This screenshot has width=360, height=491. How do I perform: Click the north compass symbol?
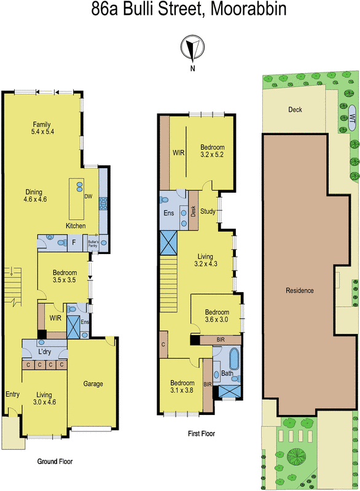tap(192, 47)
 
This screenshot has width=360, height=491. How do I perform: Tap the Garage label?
tap(93, 384)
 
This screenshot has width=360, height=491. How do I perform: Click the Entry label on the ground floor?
tap(12, 395)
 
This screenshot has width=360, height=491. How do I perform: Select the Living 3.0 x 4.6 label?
tap(44, 398)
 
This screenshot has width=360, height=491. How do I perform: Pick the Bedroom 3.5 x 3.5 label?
tap(64, 277)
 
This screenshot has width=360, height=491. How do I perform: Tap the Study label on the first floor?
tap(209, 212)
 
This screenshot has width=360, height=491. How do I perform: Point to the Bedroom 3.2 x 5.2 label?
tap(212, 151)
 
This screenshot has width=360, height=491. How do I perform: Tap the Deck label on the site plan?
tap(295, 110)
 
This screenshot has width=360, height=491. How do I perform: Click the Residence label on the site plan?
tap(300, 290)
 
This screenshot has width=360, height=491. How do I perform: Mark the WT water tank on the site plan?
tap(352, 117)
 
